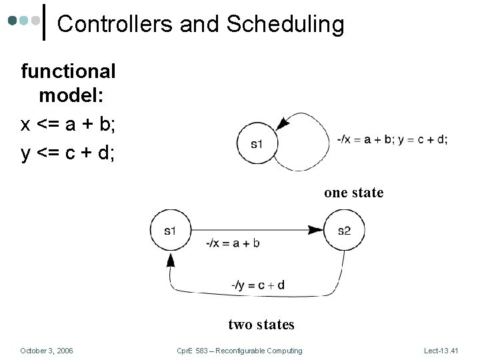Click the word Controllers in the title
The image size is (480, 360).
point(116,25)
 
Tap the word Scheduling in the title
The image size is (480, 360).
point(285,25)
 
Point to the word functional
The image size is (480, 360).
point(69,71)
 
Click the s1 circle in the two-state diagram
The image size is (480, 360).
point(171,230)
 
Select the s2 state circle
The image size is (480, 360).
point(344,230)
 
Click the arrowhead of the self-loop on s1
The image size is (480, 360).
point(283,123)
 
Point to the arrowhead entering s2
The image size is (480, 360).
point(316,230)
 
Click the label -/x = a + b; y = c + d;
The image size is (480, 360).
point(393,139)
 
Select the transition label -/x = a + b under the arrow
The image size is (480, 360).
point(233,243)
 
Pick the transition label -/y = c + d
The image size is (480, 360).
point(257,285)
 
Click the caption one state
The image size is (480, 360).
point(353,193)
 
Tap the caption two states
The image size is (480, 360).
point(261,325)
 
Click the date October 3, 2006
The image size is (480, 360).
point(47,351)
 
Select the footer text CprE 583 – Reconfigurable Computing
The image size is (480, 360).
point(239,351)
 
